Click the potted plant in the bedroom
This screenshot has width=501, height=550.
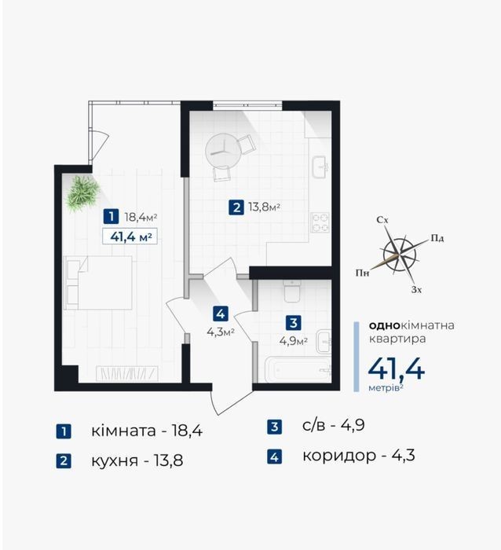point(83,193)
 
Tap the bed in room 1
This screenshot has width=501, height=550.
point(98,283)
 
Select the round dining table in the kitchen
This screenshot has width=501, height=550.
point(223,152)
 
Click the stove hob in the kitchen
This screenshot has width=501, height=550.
point(320,222)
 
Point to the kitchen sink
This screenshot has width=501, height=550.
point(321,167)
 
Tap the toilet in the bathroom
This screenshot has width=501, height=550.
point(291,291)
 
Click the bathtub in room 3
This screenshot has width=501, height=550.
point(298,370)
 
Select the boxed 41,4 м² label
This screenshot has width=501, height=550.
point(130,236)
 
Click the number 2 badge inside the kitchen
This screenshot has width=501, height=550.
point(236,207)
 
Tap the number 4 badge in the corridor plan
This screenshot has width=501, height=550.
point(220,314)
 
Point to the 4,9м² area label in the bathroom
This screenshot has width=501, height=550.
point(294,340)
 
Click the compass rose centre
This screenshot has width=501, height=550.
point(400,254)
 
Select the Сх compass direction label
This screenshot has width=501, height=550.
point(382,220)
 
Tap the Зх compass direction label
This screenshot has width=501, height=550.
point(416,290)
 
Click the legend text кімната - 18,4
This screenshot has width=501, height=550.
point(147,431)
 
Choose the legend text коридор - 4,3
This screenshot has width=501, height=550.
point(359,455)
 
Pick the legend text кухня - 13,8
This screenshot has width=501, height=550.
point(137,460)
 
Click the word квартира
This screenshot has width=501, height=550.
point(397,339)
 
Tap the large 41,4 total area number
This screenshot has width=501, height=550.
point(397,369)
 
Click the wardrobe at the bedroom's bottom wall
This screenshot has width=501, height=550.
point(127,373)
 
